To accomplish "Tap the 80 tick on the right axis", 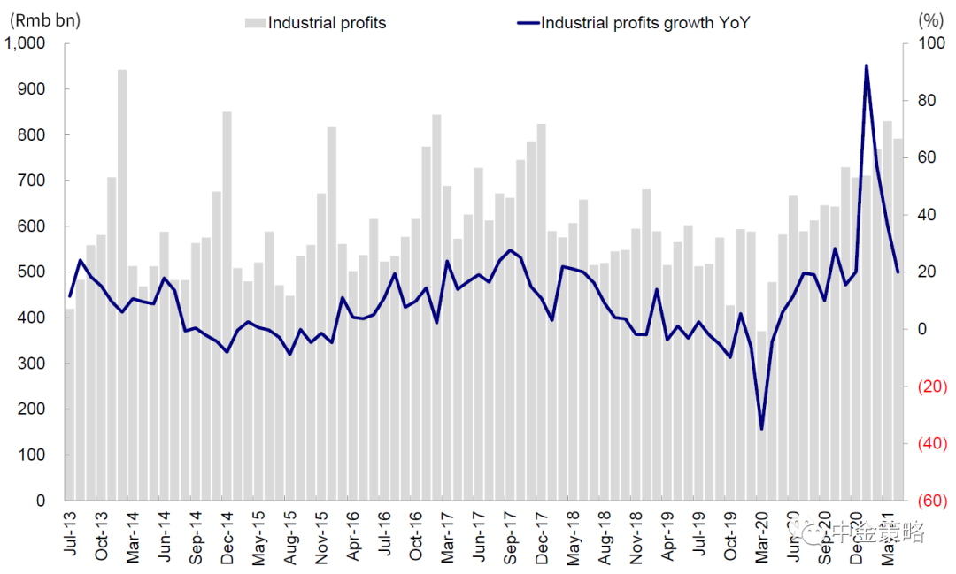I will tap(925, 101).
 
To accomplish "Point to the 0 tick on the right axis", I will tap(921, 329).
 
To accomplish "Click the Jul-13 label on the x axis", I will tap(70, 531).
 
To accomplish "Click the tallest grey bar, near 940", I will tap(122, 283).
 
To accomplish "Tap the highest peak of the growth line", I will tap(866, 65).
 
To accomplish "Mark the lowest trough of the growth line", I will tap(761, 429).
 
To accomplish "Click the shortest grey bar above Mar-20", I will tap(761, 416).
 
